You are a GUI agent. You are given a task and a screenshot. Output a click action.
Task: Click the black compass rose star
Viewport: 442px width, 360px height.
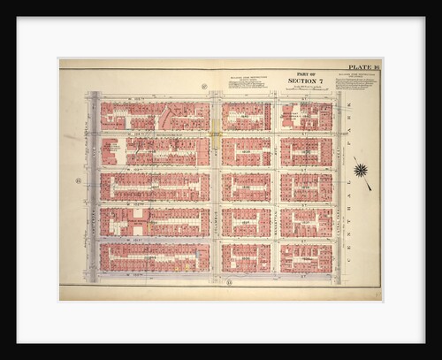[360, 169]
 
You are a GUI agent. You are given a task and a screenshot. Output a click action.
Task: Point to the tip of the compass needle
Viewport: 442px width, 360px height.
[370, 189]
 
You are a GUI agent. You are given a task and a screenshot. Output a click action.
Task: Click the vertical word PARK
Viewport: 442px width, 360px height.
[361, 123]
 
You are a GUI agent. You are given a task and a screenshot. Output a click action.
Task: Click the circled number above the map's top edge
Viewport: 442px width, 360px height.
[203, 87]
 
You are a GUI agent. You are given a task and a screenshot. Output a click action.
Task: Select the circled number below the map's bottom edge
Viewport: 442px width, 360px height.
[230, 282]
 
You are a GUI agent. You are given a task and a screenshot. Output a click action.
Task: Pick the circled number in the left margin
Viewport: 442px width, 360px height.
[78, 181]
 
